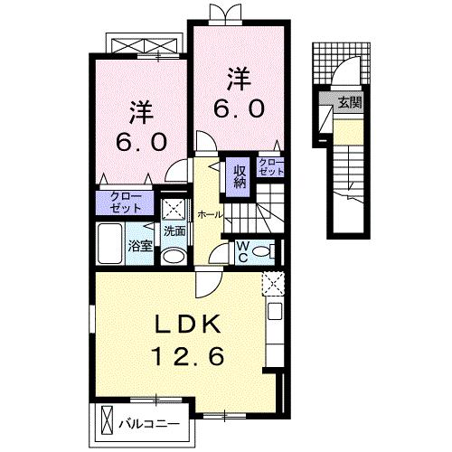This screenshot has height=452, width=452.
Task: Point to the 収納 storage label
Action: [x=240, y=175]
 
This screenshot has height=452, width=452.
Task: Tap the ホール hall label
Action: [x=209, y=214]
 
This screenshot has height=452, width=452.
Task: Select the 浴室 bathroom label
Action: [x=138, y=244]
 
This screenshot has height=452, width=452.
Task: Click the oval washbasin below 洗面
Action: [x=174, y=255]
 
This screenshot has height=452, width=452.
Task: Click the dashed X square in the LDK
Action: [x=272, y=283]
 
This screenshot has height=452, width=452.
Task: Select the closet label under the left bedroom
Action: [x=126, y=201]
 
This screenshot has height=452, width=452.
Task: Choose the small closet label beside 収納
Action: [x=270, y=166]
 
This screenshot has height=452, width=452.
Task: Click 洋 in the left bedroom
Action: [x=139, y=114]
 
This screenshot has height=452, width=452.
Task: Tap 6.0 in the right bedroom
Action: [x=240, y=108]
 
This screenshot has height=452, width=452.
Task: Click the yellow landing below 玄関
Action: [x=349, y=135]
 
